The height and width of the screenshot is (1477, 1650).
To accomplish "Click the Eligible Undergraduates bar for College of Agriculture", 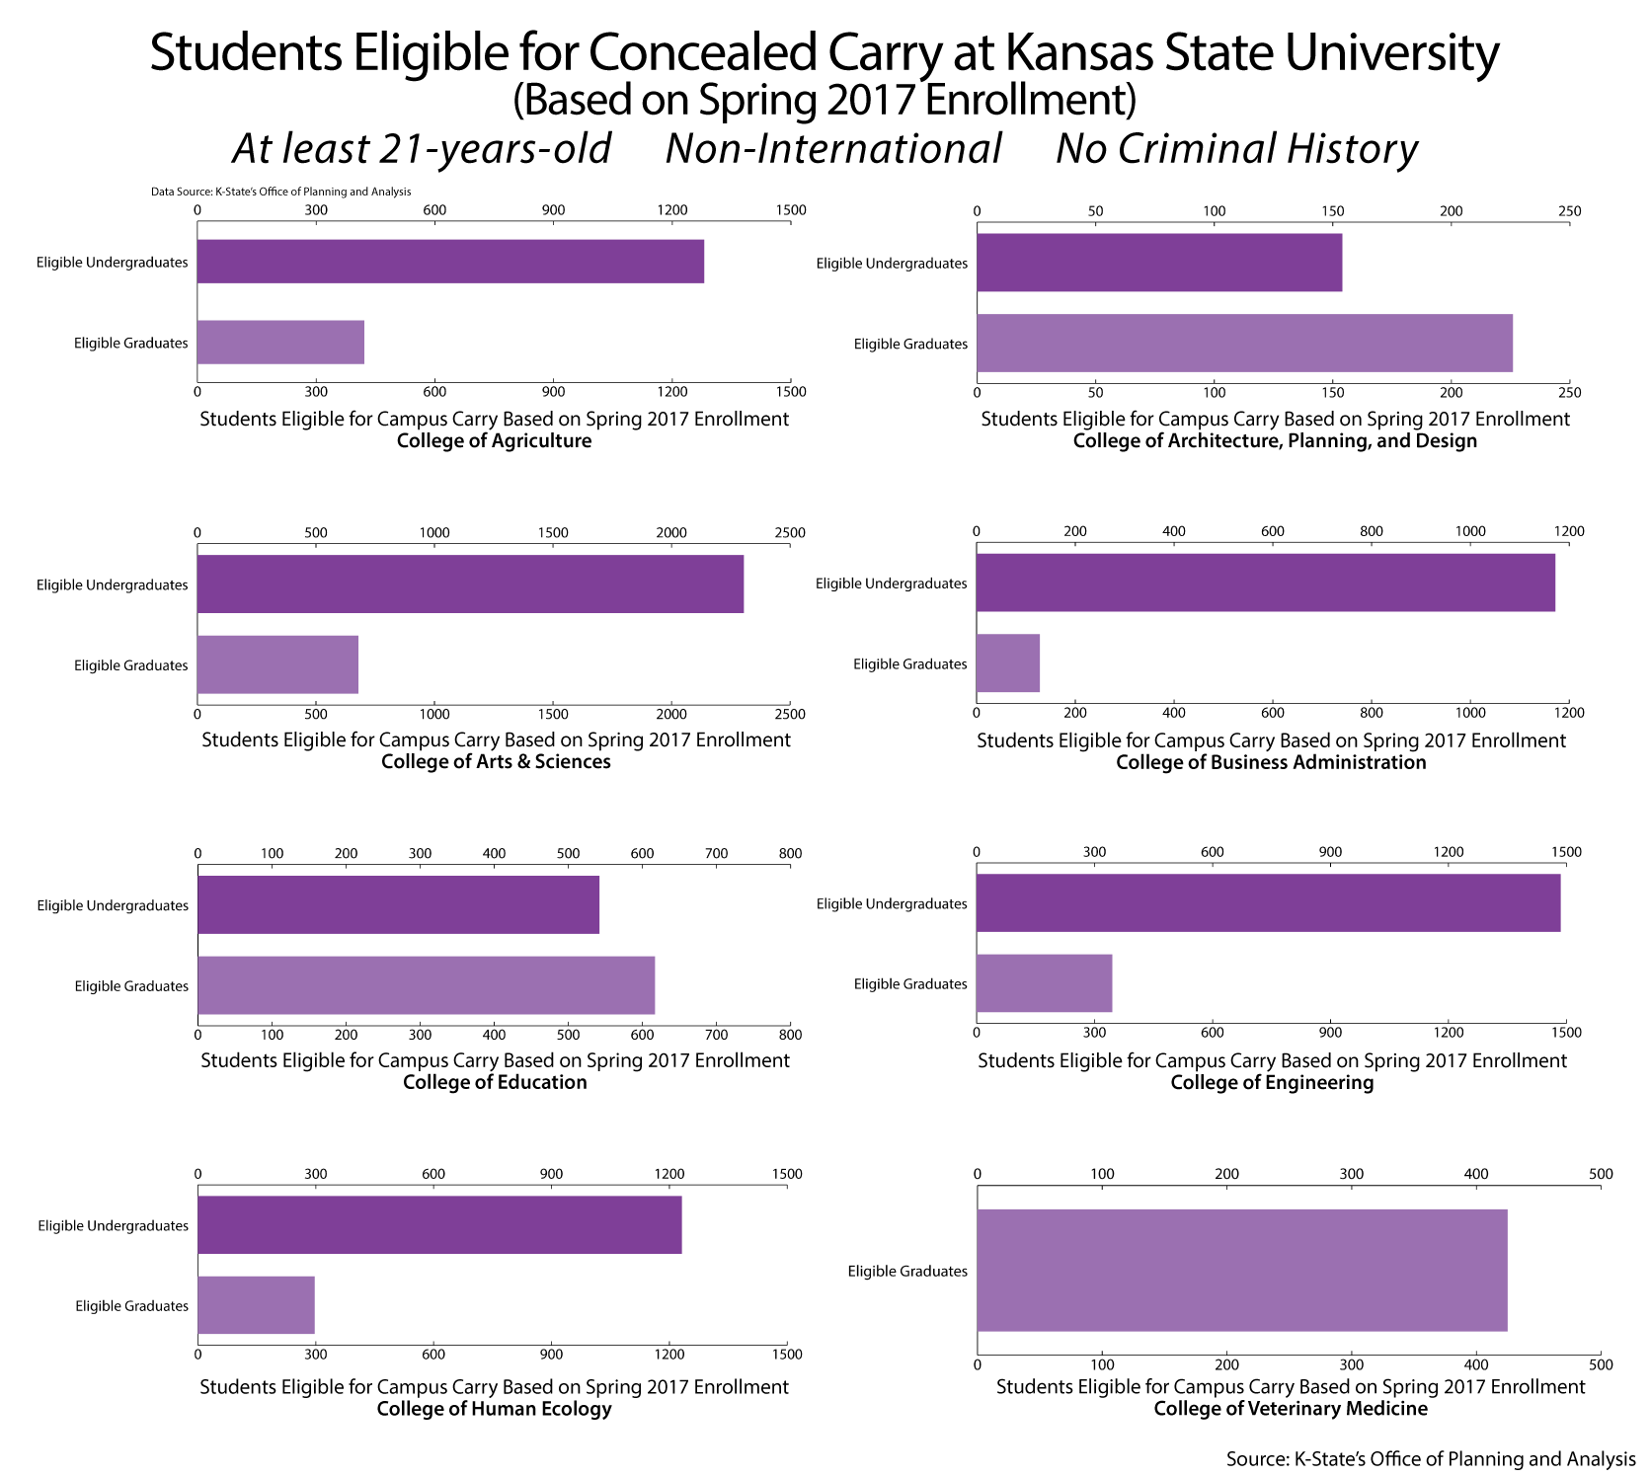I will click(x=450, y=262).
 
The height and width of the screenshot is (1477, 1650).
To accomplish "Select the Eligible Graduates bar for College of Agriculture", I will click(x=280, y=343).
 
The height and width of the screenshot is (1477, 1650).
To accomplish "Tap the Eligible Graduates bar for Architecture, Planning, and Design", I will click(x=1244, y=344).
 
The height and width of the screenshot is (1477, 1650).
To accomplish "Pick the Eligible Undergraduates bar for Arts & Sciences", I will click(x=470, y=583).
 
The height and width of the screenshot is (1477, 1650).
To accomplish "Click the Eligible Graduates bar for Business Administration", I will click(x=1008, y=663).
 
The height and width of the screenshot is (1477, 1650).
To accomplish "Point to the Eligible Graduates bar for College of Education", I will click(x=426, y=985).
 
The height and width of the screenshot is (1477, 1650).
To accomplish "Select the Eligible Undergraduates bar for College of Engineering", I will click(x=1268, y=902).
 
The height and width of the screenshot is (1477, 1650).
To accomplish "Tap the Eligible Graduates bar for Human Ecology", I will click(x=256, y=1305).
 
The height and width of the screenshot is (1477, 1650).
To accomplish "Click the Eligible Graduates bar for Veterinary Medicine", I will click(x=1242, y=1271).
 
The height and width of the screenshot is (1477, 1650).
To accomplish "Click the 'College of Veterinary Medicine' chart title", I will click(x=1291, y=1409).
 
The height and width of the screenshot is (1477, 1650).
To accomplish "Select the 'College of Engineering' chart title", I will click(x=1272, y=1083).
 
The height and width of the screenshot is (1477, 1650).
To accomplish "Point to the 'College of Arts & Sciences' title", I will click(x=496, y=762).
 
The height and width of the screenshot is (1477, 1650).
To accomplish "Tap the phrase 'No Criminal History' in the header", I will click(x=1236, y=149).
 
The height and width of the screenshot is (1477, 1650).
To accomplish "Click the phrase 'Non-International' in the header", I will click(x=833, y=149).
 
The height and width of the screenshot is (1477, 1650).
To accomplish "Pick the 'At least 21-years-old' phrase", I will click(x=422, y=149).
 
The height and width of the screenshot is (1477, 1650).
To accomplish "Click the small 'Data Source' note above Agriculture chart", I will click(x=280, y=192).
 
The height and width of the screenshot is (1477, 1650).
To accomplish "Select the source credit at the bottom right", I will click(x=1430, y=1459).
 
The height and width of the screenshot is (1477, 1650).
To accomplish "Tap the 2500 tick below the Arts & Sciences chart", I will click(x=790, y=714).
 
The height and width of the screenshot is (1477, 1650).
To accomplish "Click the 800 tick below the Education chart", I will click(x=790, y=1035).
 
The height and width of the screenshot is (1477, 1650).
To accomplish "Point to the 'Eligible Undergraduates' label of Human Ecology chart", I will click(x=113, y=1225).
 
